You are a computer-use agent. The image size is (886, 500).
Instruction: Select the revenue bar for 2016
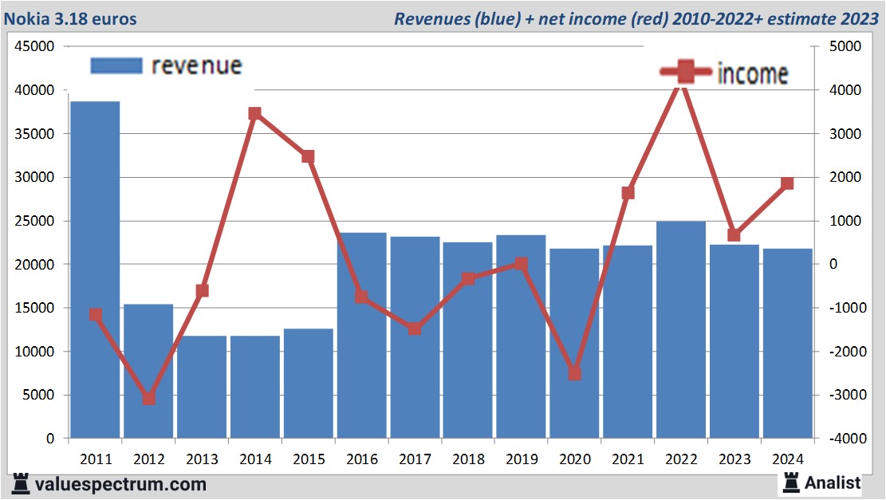(362, 335)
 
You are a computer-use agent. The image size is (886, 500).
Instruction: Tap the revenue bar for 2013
(202, 387)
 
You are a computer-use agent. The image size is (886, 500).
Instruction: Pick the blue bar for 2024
(788, 343)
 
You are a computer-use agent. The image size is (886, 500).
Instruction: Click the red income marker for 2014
(255, 113)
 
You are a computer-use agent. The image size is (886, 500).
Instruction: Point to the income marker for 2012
(148, 398)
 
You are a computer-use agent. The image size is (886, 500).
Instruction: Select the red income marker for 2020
(575, 373)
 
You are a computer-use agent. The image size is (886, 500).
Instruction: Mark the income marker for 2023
(734, 235)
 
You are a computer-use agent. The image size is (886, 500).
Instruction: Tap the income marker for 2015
(309, 156)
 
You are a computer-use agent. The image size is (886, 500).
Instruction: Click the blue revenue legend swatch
(116, 66)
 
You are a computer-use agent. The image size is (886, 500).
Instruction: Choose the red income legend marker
(685, 73)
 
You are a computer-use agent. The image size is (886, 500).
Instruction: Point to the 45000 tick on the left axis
(34, 47)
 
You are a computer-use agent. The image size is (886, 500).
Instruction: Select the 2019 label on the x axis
(522, 459)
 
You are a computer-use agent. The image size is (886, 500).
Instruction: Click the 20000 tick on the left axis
(34, 265)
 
